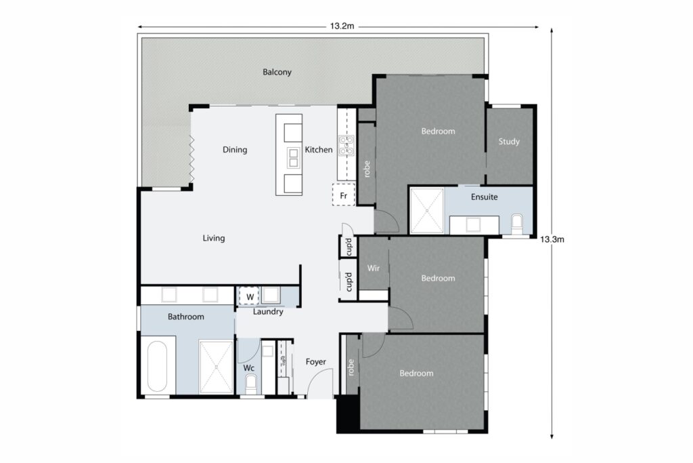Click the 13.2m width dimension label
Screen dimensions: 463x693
coord(342,26)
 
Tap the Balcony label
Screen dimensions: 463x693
coord(277,72)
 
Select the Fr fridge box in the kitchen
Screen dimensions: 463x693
coord(343,195)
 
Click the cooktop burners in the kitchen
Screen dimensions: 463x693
coord(346,146)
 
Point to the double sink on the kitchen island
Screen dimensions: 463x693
coord(293,157)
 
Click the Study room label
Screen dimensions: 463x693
coord(509,142)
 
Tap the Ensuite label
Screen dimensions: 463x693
coord(485,197)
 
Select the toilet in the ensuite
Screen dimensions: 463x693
coord(518,224)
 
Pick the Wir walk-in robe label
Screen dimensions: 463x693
coord(373,268)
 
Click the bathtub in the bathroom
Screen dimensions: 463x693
coord(158,367)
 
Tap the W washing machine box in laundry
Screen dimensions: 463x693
coord(249,296)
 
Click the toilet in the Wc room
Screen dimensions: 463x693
coord(251,384)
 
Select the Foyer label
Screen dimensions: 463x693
coord(316,362)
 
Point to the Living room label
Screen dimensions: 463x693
coord(214,239)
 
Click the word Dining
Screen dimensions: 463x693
coord(235,150)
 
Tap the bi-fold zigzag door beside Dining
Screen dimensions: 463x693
coord(192,160)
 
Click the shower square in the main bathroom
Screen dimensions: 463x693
coord(215,367)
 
